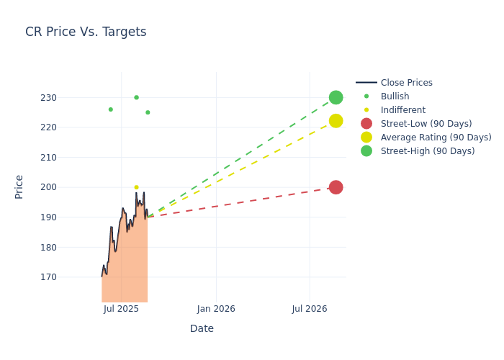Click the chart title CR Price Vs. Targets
(x=86, y=32)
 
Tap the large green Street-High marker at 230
(x=336, y=97)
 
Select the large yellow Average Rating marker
(x=336, y=121)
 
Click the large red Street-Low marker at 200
(x=336, y=187)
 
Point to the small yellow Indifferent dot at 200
(x=136, y=187)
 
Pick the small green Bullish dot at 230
(x=136, y=97)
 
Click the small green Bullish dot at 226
(x=110, y=109)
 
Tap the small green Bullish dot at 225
(x=148, y=112)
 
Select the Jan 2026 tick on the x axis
(x=216, y=309)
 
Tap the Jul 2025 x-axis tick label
(x=121, y=309)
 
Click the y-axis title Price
(x=19, y=186)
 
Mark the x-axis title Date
(x=202, y=328)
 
